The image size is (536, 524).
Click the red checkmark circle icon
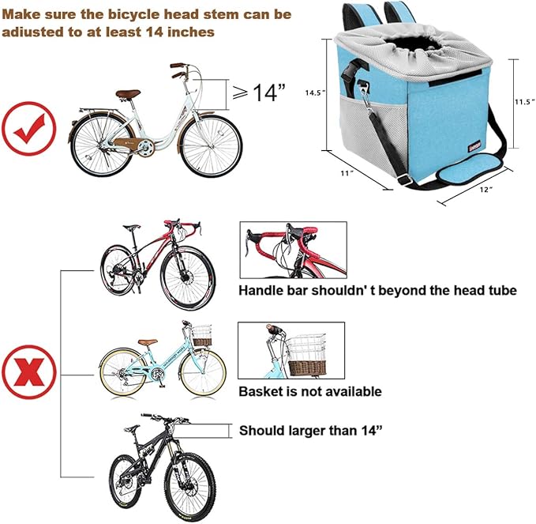pos(28,129)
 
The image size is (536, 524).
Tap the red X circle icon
pos(29,372)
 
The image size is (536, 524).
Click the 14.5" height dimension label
pos(314,92)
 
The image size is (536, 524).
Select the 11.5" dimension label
pos(525,102)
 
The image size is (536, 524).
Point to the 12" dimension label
pos(486,189)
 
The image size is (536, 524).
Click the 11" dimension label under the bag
pos(347,173)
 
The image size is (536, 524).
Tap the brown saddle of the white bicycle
pos(128,94)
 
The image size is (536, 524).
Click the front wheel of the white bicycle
pos(211,146)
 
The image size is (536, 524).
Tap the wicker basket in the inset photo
pos(307,368)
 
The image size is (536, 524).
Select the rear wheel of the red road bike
pos(118,270)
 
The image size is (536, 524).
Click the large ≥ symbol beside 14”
pos(240,92)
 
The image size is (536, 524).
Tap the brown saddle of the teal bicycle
pos(148,342)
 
